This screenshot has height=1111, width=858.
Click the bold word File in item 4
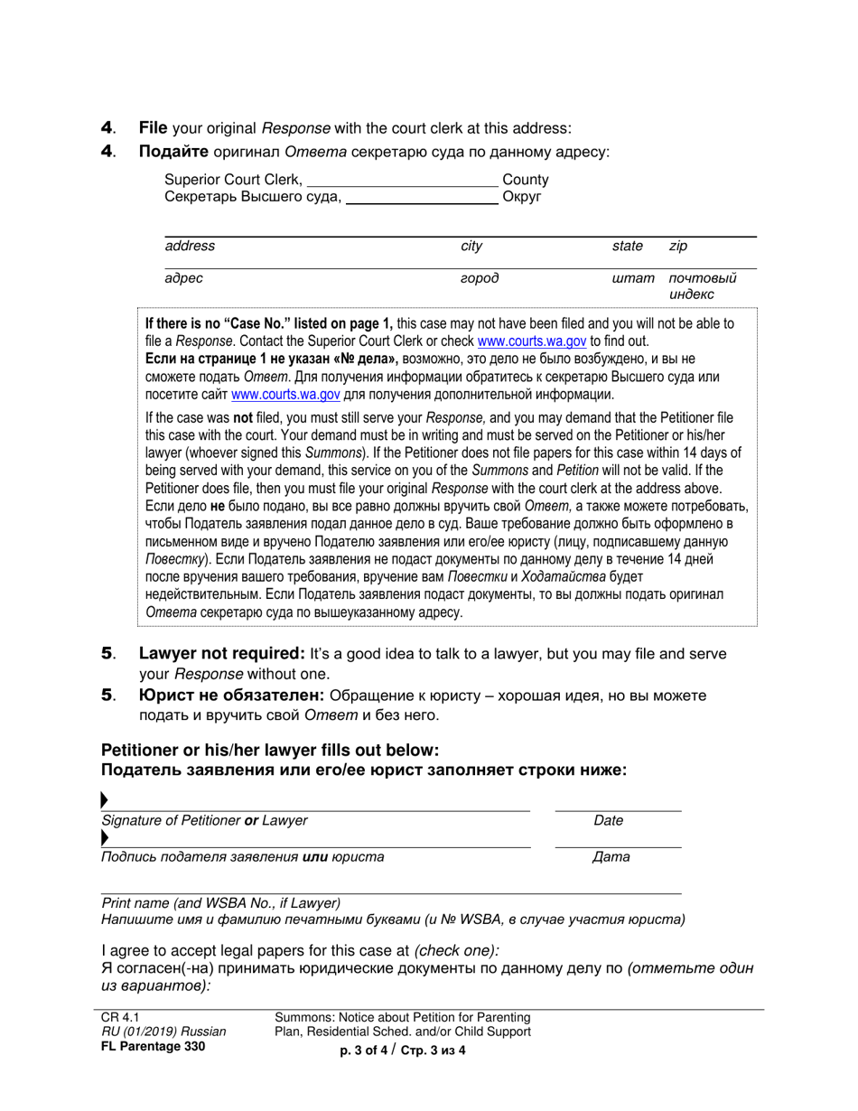coord(153,128)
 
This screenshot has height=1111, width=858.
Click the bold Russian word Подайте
coord(173,152)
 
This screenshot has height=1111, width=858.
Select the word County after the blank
coord(525,180)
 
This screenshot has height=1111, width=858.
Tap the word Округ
coord(521,197)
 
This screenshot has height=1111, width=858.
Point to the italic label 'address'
coord(190,246)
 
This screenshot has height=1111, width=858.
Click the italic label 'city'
coord(471,246)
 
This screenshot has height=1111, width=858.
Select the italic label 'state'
coord(627,246)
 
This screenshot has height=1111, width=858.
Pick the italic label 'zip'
coord(678,246)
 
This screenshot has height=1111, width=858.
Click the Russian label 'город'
coord(480,278)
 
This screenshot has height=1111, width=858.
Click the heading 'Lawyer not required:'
coord(221,653)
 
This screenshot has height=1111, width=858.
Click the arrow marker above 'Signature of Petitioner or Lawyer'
coord(105,800)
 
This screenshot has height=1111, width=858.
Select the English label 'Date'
coord(608,821)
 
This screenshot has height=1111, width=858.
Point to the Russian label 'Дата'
coord(611,857)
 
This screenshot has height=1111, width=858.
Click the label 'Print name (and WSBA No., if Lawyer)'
coord(221,902)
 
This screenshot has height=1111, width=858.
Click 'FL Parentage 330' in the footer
coord(153,1047)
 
